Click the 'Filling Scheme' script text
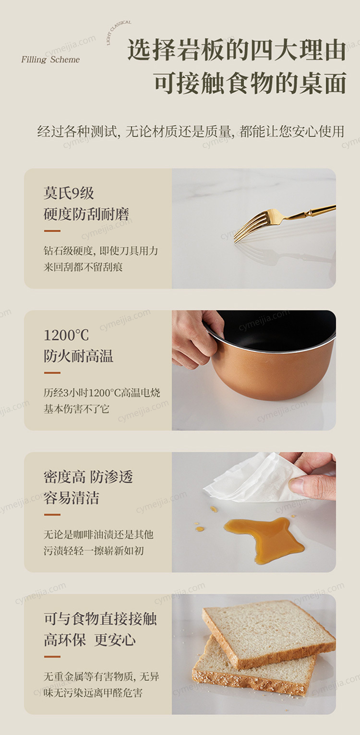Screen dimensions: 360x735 pos(50,60)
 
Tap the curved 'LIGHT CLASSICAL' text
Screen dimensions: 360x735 pos(119,32)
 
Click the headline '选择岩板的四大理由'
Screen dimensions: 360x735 pos(237,50)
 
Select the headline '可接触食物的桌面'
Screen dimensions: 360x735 pos(251,83)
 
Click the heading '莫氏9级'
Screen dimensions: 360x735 pos(69,193)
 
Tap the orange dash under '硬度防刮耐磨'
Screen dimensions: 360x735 pos(52,231)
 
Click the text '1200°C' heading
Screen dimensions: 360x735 pos(66,335)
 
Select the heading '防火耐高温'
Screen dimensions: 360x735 pos(78,356)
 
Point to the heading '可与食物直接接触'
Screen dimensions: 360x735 pos(100,619)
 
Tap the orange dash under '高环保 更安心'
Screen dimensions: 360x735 pos(52,657)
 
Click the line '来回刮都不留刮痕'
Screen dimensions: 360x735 pos(83,267)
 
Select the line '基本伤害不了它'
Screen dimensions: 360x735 pos(76,409)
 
